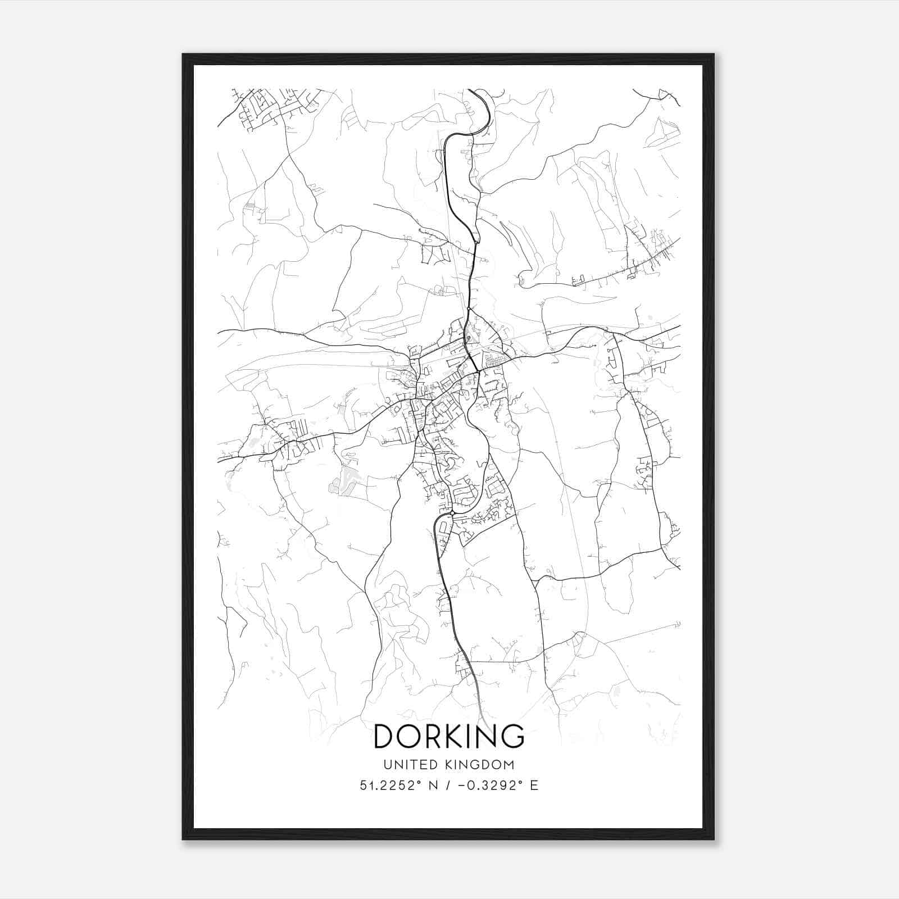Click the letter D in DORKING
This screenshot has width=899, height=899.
coord(386,736)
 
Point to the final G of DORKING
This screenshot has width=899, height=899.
coord(512,736)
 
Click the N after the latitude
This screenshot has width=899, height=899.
coord(433,786)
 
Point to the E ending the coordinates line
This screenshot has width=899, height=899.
coord(534,786)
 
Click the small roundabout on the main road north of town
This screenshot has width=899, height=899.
coord(469,308)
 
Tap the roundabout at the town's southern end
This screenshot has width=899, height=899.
coord(452,513)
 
